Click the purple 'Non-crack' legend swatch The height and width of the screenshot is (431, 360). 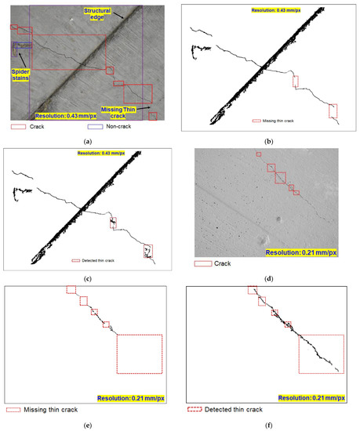pos(94,125)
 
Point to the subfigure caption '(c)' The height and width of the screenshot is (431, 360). pos(88,278)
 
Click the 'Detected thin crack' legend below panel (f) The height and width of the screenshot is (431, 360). pos(227,409)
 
